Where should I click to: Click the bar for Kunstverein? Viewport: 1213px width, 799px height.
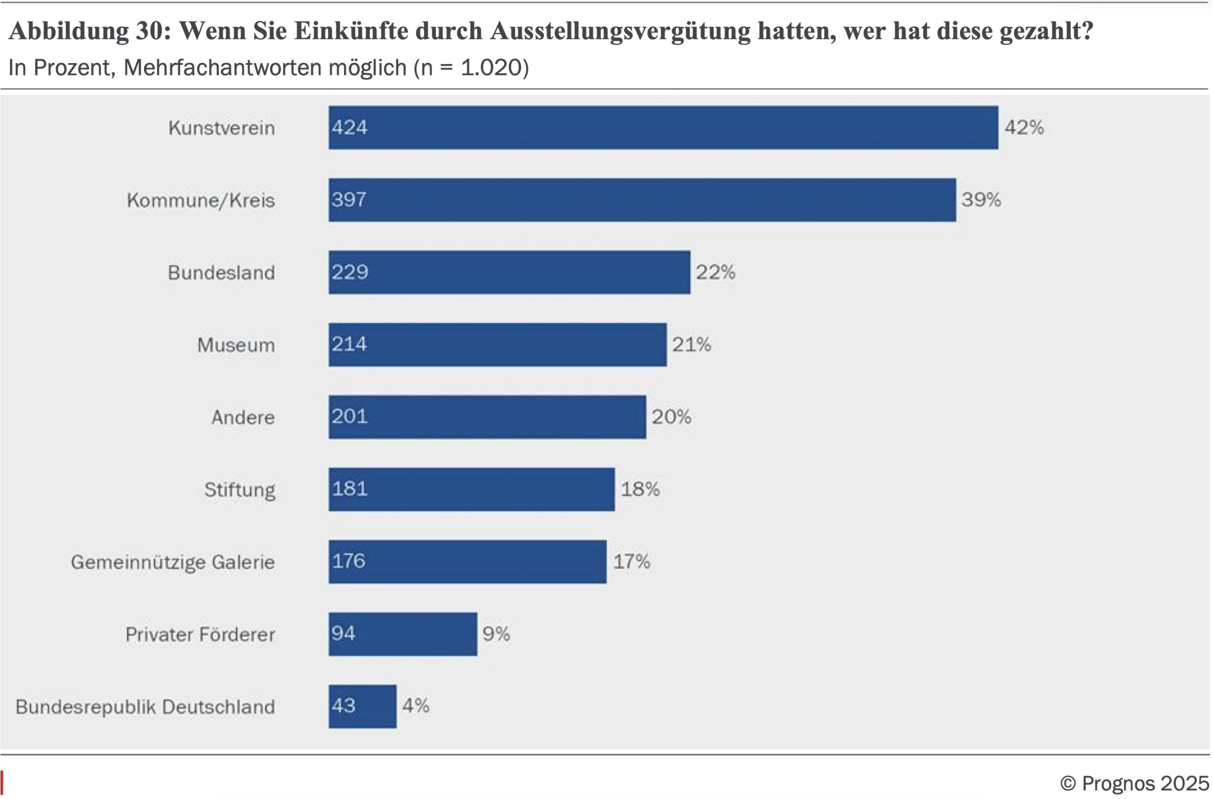tap(662, 127)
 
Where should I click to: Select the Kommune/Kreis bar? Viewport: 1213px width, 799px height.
tap(642, 200)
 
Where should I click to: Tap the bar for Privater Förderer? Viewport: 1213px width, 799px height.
tap(403, 634)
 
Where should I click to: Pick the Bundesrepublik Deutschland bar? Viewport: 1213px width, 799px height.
tap(362, 706)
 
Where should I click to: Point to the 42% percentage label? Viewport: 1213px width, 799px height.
tap(1024, 127)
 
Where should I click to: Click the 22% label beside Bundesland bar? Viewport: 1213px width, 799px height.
tap(715, 272)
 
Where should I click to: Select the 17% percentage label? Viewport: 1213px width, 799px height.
tap(632, 562)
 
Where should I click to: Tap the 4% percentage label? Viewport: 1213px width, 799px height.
tap(416, 706)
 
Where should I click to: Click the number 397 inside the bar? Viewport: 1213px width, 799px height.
tap(349, 200)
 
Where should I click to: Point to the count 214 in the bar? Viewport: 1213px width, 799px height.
tap(349, 344)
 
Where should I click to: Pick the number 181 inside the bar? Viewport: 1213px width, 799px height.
tap(350, 489)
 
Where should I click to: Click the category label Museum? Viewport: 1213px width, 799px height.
tap(236, 345)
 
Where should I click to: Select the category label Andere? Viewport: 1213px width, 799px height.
tap(243, 418)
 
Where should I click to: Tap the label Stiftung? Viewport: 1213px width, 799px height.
tap(240, 490)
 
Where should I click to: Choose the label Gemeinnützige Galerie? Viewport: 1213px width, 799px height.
tap(173, 563)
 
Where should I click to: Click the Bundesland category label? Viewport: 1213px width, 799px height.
tap(221, 273)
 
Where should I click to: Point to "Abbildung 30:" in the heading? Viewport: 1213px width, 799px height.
tap(90, 31)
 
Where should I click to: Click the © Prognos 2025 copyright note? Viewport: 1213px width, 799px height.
tap(1134, 783)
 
